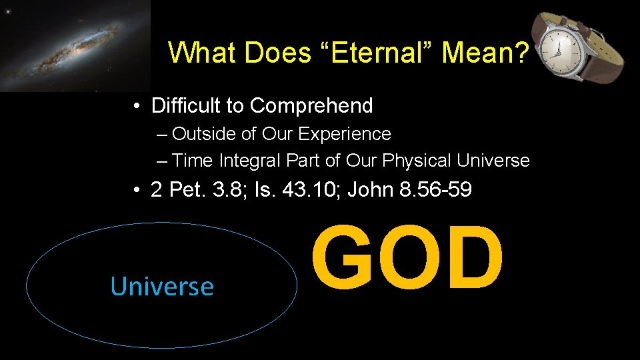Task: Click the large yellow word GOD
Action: pos(407,259)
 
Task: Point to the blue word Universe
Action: pos(162,287)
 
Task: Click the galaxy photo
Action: pos(75,45)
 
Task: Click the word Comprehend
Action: pos(311,105)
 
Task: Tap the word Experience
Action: pos(345,134)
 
